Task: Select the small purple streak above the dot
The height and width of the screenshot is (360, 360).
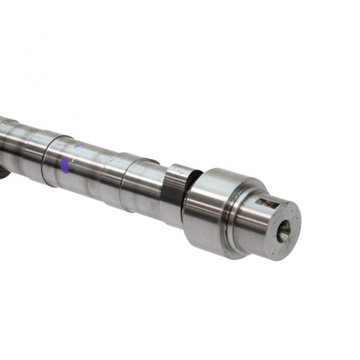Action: (78, 145)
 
